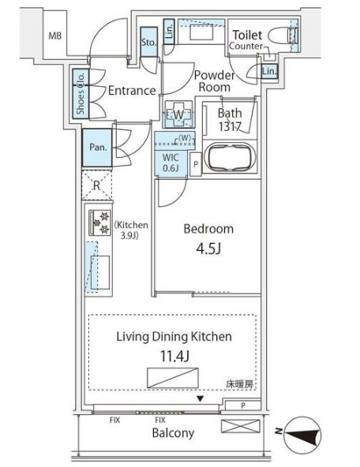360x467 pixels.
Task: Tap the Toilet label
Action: (x=247, y=34)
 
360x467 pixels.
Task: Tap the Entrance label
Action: (x=132, y=90)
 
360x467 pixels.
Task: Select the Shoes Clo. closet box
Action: (x=81, y=93)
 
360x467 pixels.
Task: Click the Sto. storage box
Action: (x=148, y=43)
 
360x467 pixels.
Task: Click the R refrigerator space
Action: (x=96, y=187)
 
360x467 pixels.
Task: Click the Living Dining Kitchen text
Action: (x=174, y=336)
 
